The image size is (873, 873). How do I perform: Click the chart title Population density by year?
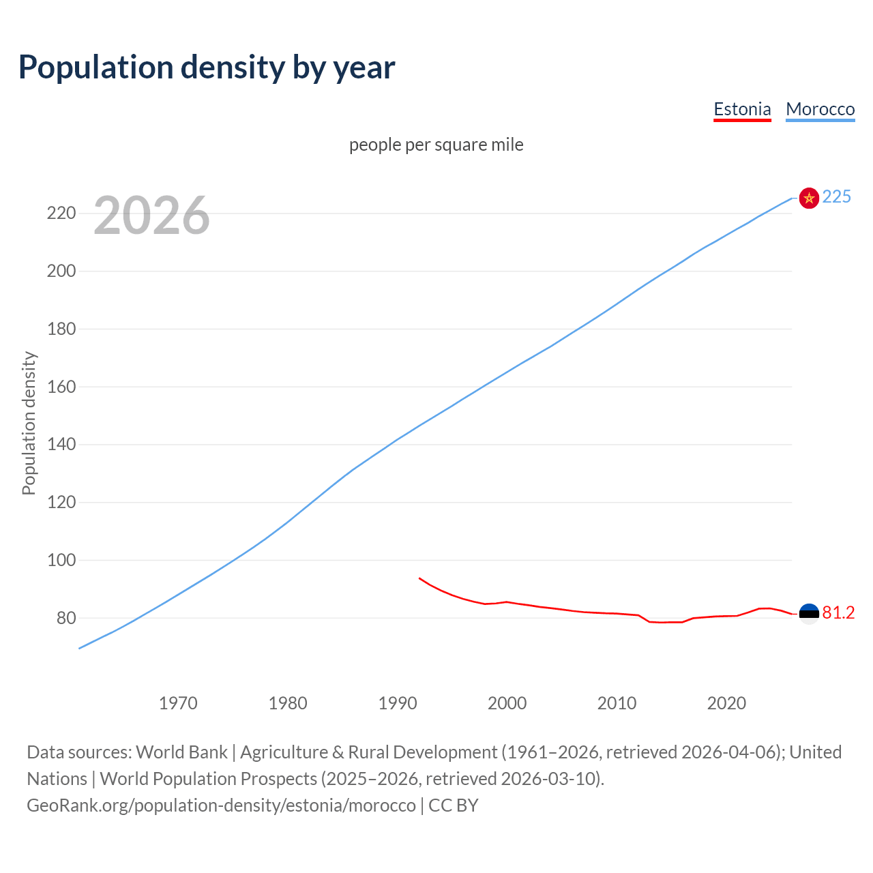tap(207, 68)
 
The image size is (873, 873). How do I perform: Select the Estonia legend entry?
tap(742, 109)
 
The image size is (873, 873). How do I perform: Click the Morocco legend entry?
tap(820, 109)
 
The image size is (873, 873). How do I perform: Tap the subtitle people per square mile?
tap(436, 145)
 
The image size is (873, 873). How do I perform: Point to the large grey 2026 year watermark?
tap(151, 216)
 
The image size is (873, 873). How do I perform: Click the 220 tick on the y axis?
tap(61, 213)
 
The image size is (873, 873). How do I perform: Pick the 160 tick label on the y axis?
tap(61, 387)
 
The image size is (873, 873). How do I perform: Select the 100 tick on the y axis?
tap(61, 561)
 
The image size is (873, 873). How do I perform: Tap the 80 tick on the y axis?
tap(65, 618)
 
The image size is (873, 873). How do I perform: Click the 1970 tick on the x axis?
tap(178, 703)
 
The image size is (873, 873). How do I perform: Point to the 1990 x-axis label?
tap(398, 703)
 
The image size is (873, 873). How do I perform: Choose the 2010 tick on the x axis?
tap(617, 703)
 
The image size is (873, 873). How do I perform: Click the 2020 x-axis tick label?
tap(726, 703)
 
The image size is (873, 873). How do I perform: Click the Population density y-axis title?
tap(29, 423)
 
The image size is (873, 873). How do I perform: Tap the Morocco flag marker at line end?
tap(809, 198)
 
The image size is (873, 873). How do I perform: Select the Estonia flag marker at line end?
tap(809, 614)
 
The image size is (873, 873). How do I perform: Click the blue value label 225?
tap(837, 197)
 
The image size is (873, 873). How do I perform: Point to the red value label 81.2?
tap(838, 613)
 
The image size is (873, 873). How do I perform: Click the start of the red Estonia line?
tap(419, 578)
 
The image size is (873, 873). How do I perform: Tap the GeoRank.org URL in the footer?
tap(221, 805)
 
